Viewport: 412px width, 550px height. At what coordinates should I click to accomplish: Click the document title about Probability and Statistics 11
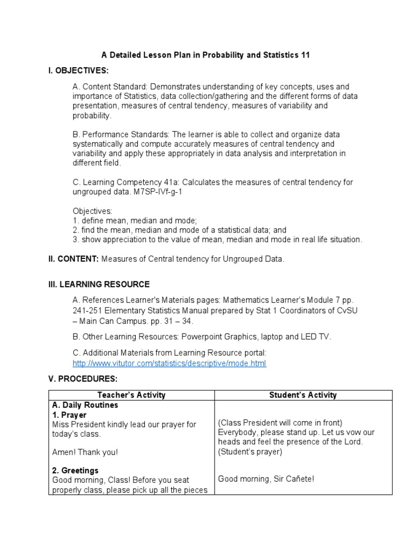[x=205, y=55]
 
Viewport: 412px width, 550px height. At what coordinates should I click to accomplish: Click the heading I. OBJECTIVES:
[x=78, y=71]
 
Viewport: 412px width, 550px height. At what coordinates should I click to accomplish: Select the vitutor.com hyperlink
[x=169, y=363]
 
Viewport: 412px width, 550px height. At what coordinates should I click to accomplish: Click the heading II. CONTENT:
[x=73, y=259]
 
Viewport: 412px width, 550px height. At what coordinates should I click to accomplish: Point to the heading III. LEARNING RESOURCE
[x=99, y=284]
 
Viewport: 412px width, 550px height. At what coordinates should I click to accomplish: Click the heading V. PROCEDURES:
[x=83, y=379]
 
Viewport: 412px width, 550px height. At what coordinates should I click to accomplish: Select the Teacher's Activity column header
[x=131, y=395]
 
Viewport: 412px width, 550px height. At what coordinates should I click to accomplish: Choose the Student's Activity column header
[x=303, y=395]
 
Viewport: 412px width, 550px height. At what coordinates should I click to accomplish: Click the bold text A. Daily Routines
[x=85, y=405]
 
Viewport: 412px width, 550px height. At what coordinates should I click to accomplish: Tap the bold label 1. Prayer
[x=69, y=415]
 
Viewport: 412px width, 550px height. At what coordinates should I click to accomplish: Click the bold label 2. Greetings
[x=75, y=471]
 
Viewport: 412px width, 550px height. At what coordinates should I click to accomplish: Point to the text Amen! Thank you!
[x=84, y=452]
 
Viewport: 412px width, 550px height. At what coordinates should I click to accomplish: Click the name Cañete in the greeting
[x=300, y=478]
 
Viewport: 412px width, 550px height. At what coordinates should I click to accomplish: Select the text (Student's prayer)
[x=250, y=452]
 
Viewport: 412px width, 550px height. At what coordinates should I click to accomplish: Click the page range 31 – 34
[x=175, y=321]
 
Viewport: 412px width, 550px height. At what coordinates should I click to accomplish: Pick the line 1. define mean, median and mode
[x=135, y=221]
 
